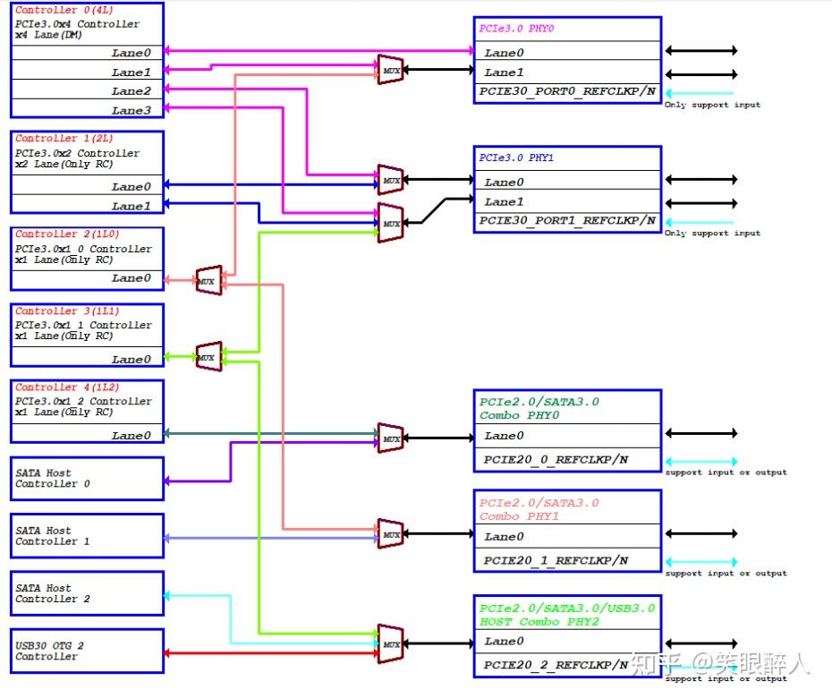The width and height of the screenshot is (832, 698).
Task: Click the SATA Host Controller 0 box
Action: coord(88,479)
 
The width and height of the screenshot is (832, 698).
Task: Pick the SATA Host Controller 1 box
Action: coord(88,536)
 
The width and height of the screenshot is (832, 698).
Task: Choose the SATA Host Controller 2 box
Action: coord(88,593)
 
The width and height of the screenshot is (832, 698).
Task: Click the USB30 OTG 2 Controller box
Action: coord(88,651)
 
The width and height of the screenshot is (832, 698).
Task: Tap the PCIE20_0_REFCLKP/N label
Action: coord(556,460)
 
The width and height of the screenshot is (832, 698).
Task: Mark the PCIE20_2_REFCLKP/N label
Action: coord(556,665)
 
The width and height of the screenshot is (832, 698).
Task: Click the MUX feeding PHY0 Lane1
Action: coord(391,69)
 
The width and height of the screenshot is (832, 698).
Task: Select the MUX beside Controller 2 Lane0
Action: coord(208,280)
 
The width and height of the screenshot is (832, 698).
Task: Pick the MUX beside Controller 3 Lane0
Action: coord(208,356)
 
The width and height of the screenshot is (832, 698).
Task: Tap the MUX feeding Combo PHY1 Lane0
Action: coord(391,534)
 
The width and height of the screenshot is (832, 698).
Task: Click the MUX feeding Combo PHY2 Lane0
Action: coord(391,643)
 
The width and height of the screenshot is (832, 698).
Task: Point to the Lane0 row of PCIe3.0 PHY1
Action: coord(567,182)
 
